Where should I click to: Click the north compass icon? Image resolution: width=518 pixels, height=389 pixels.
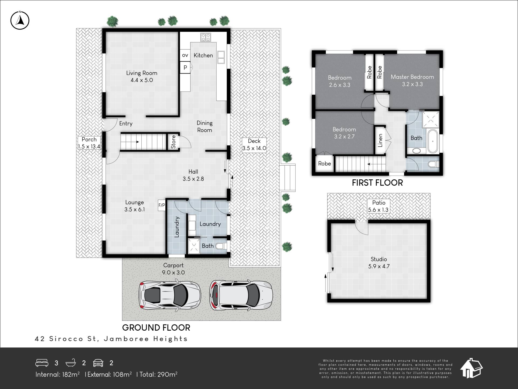(20, 20)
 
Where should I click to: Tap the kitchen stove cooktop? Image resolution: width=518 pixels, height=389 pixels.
(206, 37)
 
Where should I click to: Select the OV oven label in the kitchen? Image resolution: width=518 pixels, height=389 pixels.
(185, 55)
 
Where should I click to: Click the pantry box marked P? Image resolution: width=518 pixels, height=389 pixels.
(185, 67)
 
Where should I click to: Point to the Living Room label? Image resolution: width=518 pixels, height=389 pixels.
(142, 76)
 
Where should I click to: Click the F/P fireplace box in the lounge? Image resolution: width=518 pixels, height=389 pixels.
(162, 205)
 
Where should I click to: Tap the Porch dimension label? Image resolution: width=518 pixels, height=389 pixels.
(89, 143)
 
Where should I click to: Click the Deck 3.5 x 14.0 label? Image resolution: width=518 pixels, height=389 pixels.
(254, 145)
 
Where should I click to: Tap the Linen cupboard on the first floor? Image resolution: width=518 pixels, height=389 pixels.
(380, 140)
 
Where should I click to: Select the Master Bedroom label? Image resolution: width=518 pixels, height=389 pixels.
(412, 81)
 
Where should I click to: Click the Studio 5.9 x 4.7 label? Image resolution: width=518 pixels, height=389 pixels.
(379, 263)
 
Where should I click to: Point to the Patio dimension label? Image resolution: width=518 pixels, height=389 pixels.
(379, 206)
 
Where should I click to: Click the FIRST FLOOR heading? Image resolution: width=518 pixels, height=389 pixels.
(377, 183)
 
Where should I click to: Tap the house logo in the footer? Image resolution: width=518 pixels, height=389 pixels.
(471, 368)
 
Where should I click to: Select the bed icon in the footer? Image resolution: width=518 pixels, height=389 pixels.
(42, 363)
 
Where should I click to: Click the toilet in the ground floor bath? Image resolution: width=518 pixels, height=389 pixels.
(221, 246)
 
